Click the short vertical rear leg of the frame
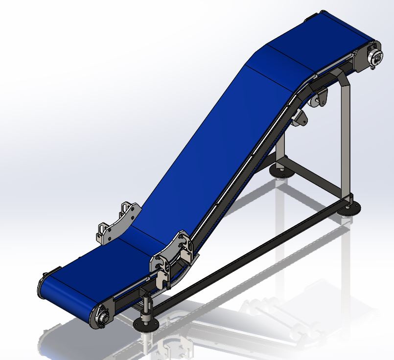click(280, 152)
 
